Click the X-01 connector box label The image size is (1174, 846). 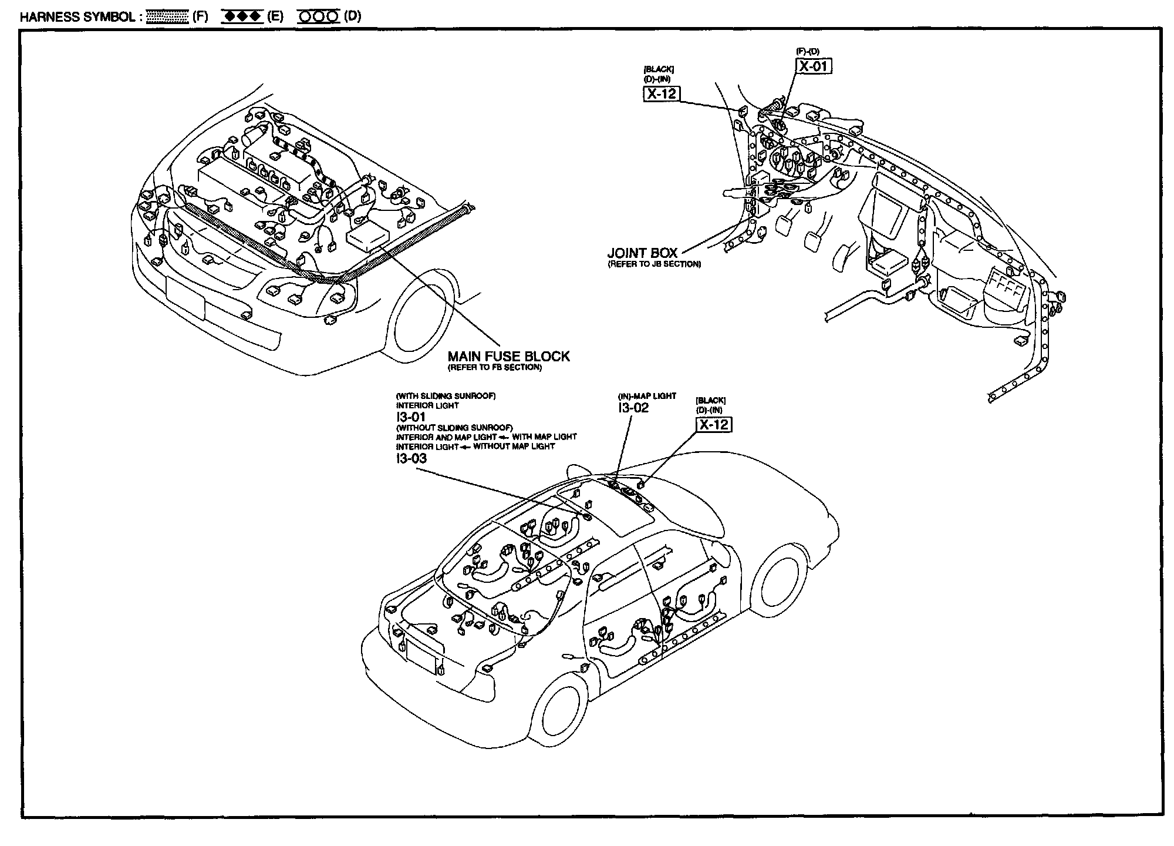pos(814,66)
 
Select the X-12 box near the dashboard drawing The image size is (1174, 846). pos(662,93)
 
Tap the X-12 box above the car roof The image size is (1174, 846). pos(714,424)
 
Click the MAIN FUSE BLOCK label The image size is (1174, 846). pos(508,356)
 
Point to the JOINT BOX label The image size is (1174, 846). pos(642,253)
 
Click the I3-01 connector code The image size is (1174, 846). pos(410,417)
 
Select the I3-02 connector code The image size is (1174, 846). pos(633,408)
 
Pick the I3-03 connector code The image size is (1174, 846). pos(411,459)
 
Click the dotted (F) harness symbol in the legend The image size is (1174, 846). pos(167,16)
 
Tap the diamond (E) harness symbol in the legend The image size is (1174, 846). pos(241,16)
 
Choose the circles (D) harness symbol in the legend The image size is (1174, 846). pos(319,16)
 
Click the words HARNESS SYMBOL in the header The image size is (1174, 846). pos(78,16)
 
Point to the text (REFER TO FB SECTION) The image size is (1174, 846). pos(494,368)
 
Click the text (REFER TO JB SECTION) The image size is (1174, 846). pos(654,264)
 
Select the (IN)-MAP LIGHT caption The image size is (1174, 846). pos(647,396)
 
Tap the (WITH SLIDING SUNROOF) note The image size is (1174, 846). pos(446,396)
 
